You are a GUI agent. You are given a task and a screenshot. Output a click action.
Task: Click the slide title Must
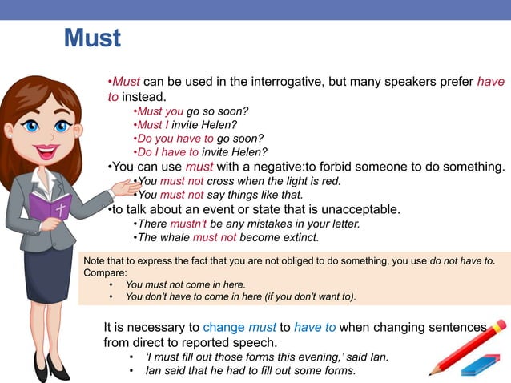(92, 38)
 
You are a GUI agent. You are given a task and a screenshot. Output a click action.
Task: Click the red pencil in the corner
(468, 345)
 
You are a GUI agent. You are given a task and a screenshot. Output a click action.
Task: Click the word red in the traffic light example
(331, 181)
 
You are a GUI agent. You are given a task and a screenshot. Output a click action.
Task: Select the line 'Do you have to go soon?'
(200, 138)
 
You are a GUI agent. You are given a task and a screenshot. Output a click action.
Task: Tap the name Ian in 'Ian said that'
(154, 371)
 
